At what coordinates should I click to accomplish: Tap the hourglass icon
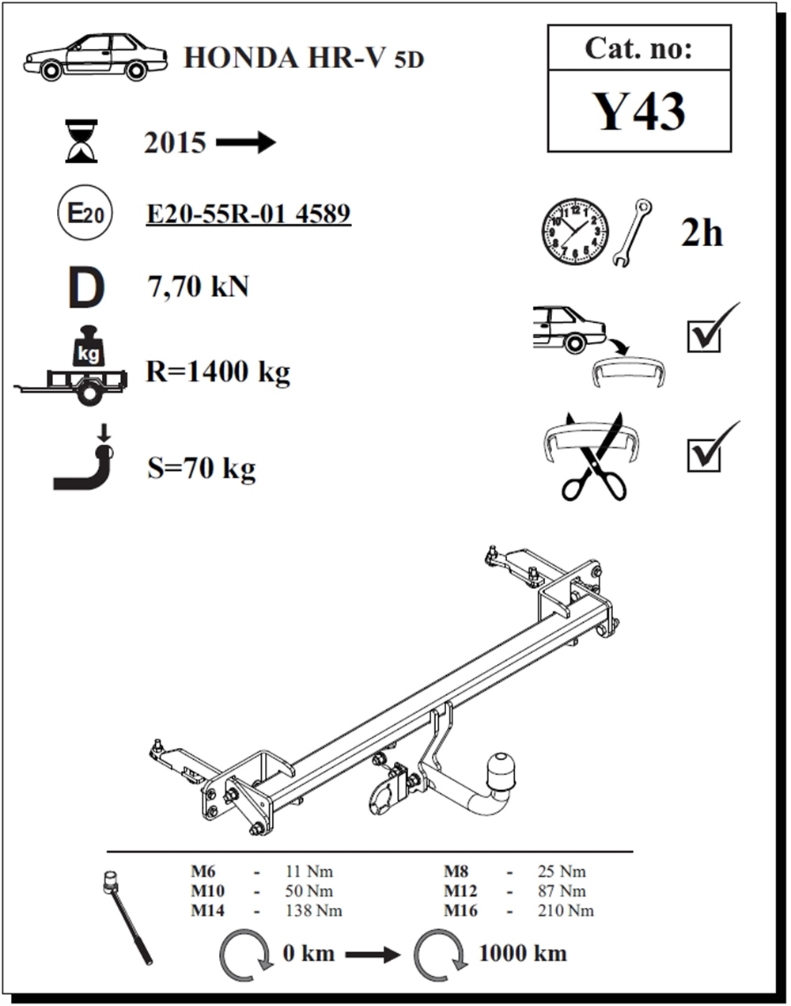click(81, 141)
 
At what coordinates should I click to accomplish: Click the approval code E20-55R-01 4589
click(248, 214)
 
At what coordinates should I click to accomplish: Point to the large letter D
click(85, 288)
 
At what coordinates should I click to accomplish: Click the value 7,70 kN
click(199, 287)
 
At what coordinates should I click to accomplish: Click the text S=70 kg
click(202, 469)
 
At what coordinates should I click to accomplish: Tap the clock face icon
click(575, 232)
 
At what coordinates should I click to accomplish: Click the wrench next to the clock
click(631, 232)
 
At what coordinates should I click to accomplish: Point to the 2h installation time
click(702, 233)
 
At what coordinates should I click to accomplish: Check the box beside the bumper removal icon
click(704, 336)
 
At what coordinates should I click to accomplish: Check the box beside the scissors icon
click(704, 455)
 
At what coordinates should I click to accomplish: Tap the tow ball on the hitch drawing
click(500, 769)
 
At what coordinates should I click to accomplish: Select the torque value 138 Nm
click(313, 910)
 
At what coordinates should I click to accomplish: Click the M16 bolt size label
click(460, 910)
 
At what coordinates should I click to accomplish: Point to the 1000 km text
click(522, 953)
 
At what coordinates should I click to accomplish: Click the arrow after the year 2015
click(245, 142)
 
